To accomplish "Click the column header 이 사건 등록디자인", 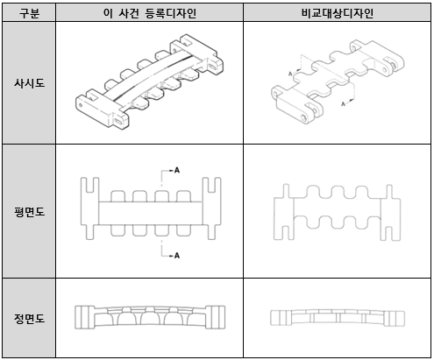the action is coord(149,13).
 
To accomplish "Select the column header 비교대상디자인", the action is coord(338,13).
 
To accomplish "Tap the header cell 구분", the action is coord(29,13).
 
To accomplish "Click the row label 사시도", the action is coord(29,83).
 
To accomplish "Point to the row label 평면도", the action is coord(29,211).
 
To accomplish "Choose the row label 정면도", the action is coord(29,318).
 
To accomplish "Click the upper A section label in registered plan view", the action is coord(177,170).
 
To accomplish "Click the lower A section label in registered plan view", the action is coord(177,256).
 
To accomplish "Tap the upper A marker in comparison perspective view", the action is coord(290,74).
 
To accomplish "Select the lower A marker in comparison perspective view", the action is coord(344,103).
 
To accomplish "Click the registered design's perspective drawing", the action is coord(149,81).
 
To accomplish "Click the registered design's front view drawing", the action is coord(150,317).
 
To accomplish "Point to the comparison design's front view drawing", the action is coord(338,318).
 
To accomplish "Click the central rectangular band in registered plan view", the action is coord(150,213).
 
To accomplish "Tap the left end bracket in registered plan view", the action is coord(89,208).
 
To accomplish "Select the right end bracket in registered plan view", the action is coord(211,208).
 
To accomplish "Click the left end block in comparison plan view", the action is coord(284,212).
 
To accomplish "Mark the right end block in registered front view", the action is coord(215,317).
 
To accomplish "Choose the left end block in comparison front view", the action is coord(281,318).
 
